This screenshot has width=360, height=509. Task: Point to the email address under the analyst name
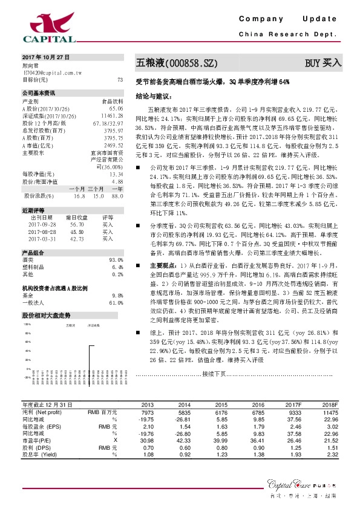point(52,72)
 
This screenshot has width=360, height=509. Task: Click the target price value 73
point(120,80)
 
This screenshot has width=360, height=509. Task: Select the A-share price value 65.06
point(116,107)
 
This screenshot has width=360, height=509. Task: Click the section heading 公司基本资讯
point(38,93)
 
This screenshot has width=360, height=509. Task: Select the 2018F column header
point(329,404)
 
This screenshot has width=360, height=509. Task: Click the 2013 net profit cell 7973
point(147,411)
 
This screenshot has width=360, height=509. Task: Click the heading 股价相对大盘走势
point(47,316)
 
